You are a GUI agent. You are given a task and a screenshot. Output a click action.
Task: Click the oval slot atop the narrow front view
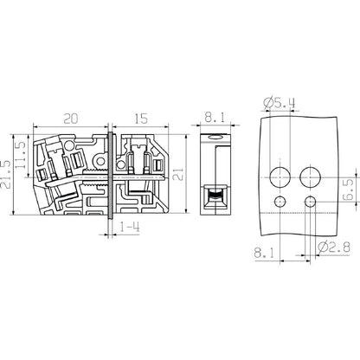(214, 138)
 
